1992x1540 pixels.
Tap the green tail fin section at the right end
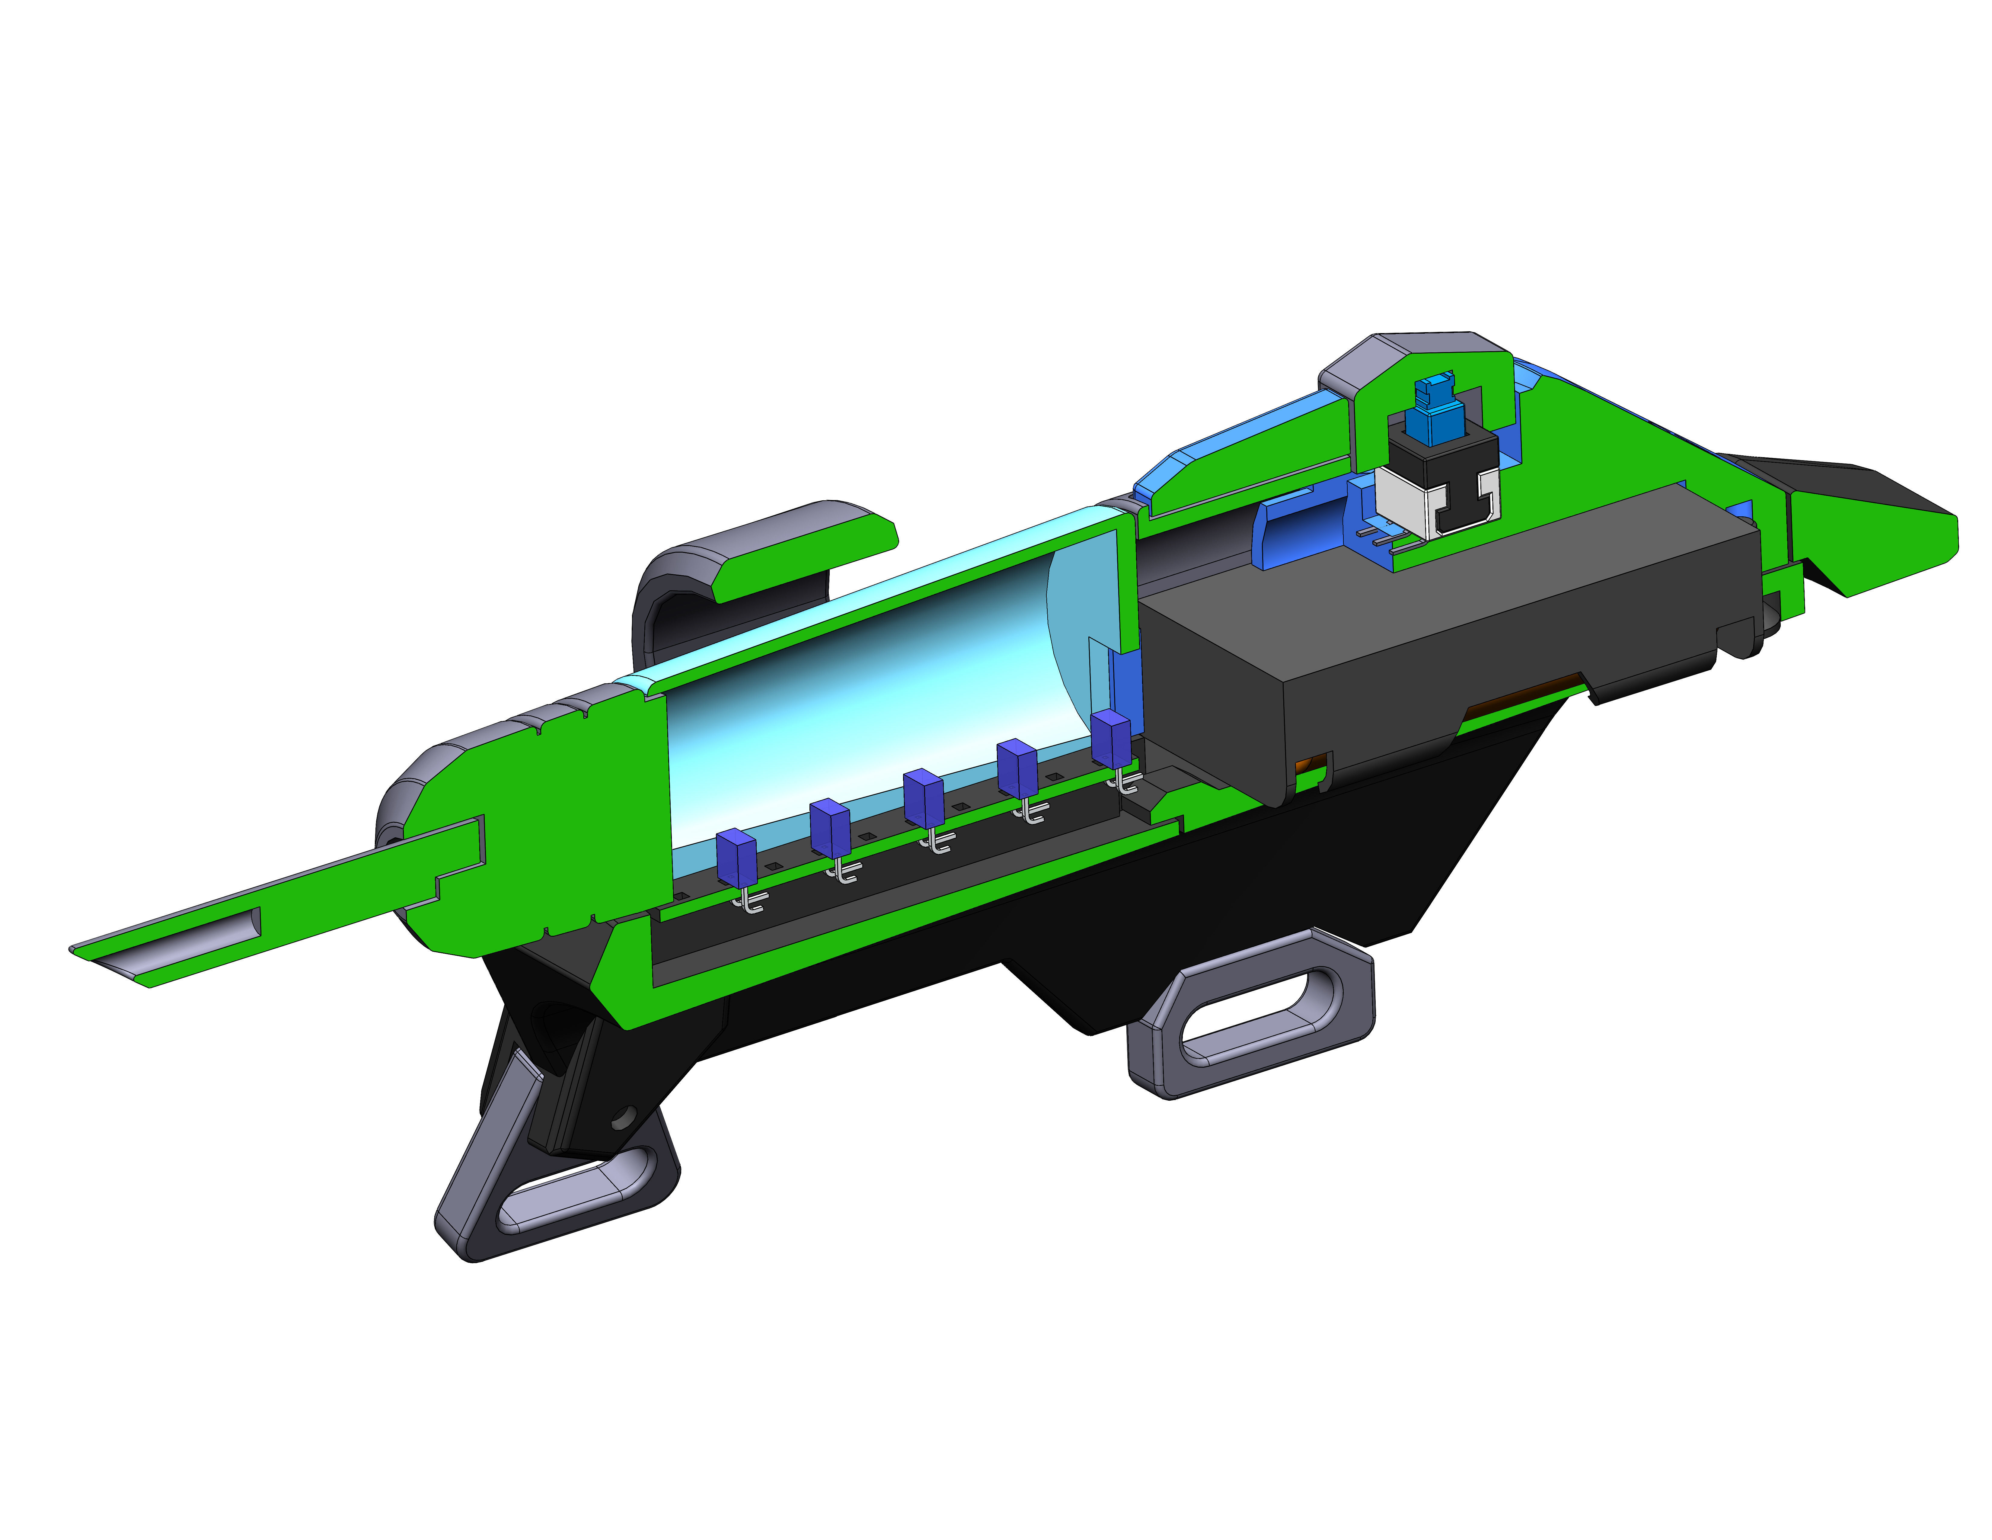tap(1870, 547)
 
